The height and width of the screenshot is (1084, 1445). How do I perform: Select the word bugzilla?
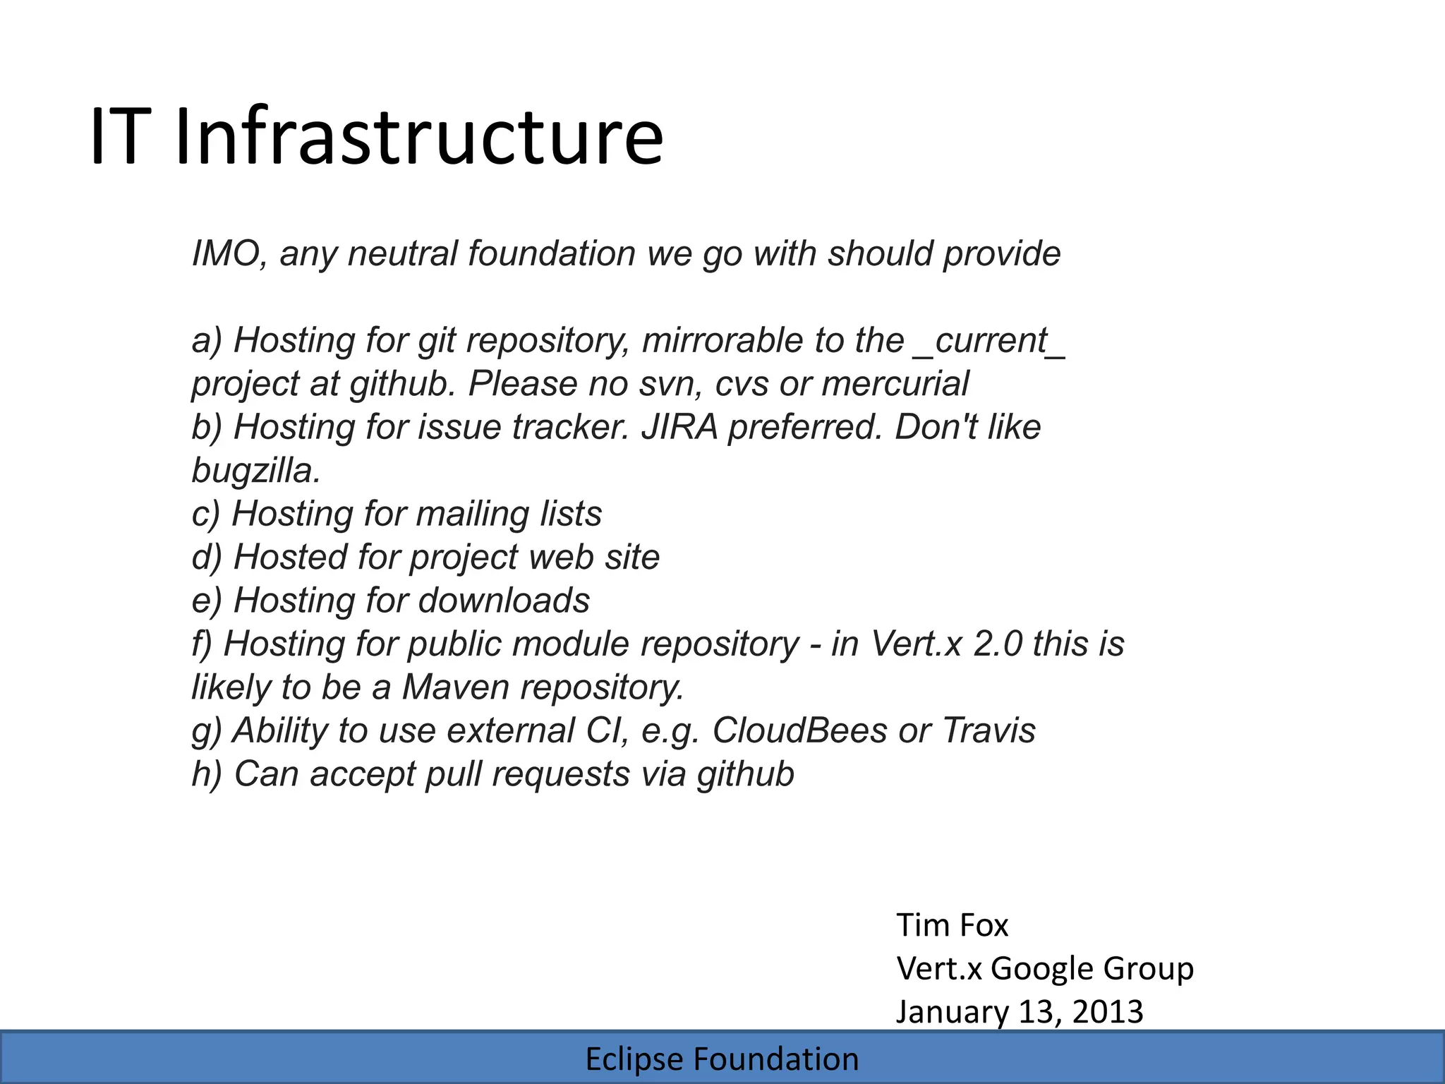click(x=256, y=471)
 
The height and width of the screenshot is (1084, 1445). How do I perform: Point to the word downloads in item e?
click(x=504, y=601)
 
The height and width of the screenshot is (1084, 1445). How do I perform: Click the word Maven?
click(x=455, y=687)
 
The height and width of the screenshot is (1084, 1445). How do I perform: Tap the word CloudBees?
click(x=799, y=730)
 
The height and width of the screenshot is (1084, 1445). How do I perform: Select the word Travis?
click(x=988, y=730)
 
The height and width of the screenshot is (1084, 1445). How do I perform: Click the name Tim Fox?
click(x=952, y=925)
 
